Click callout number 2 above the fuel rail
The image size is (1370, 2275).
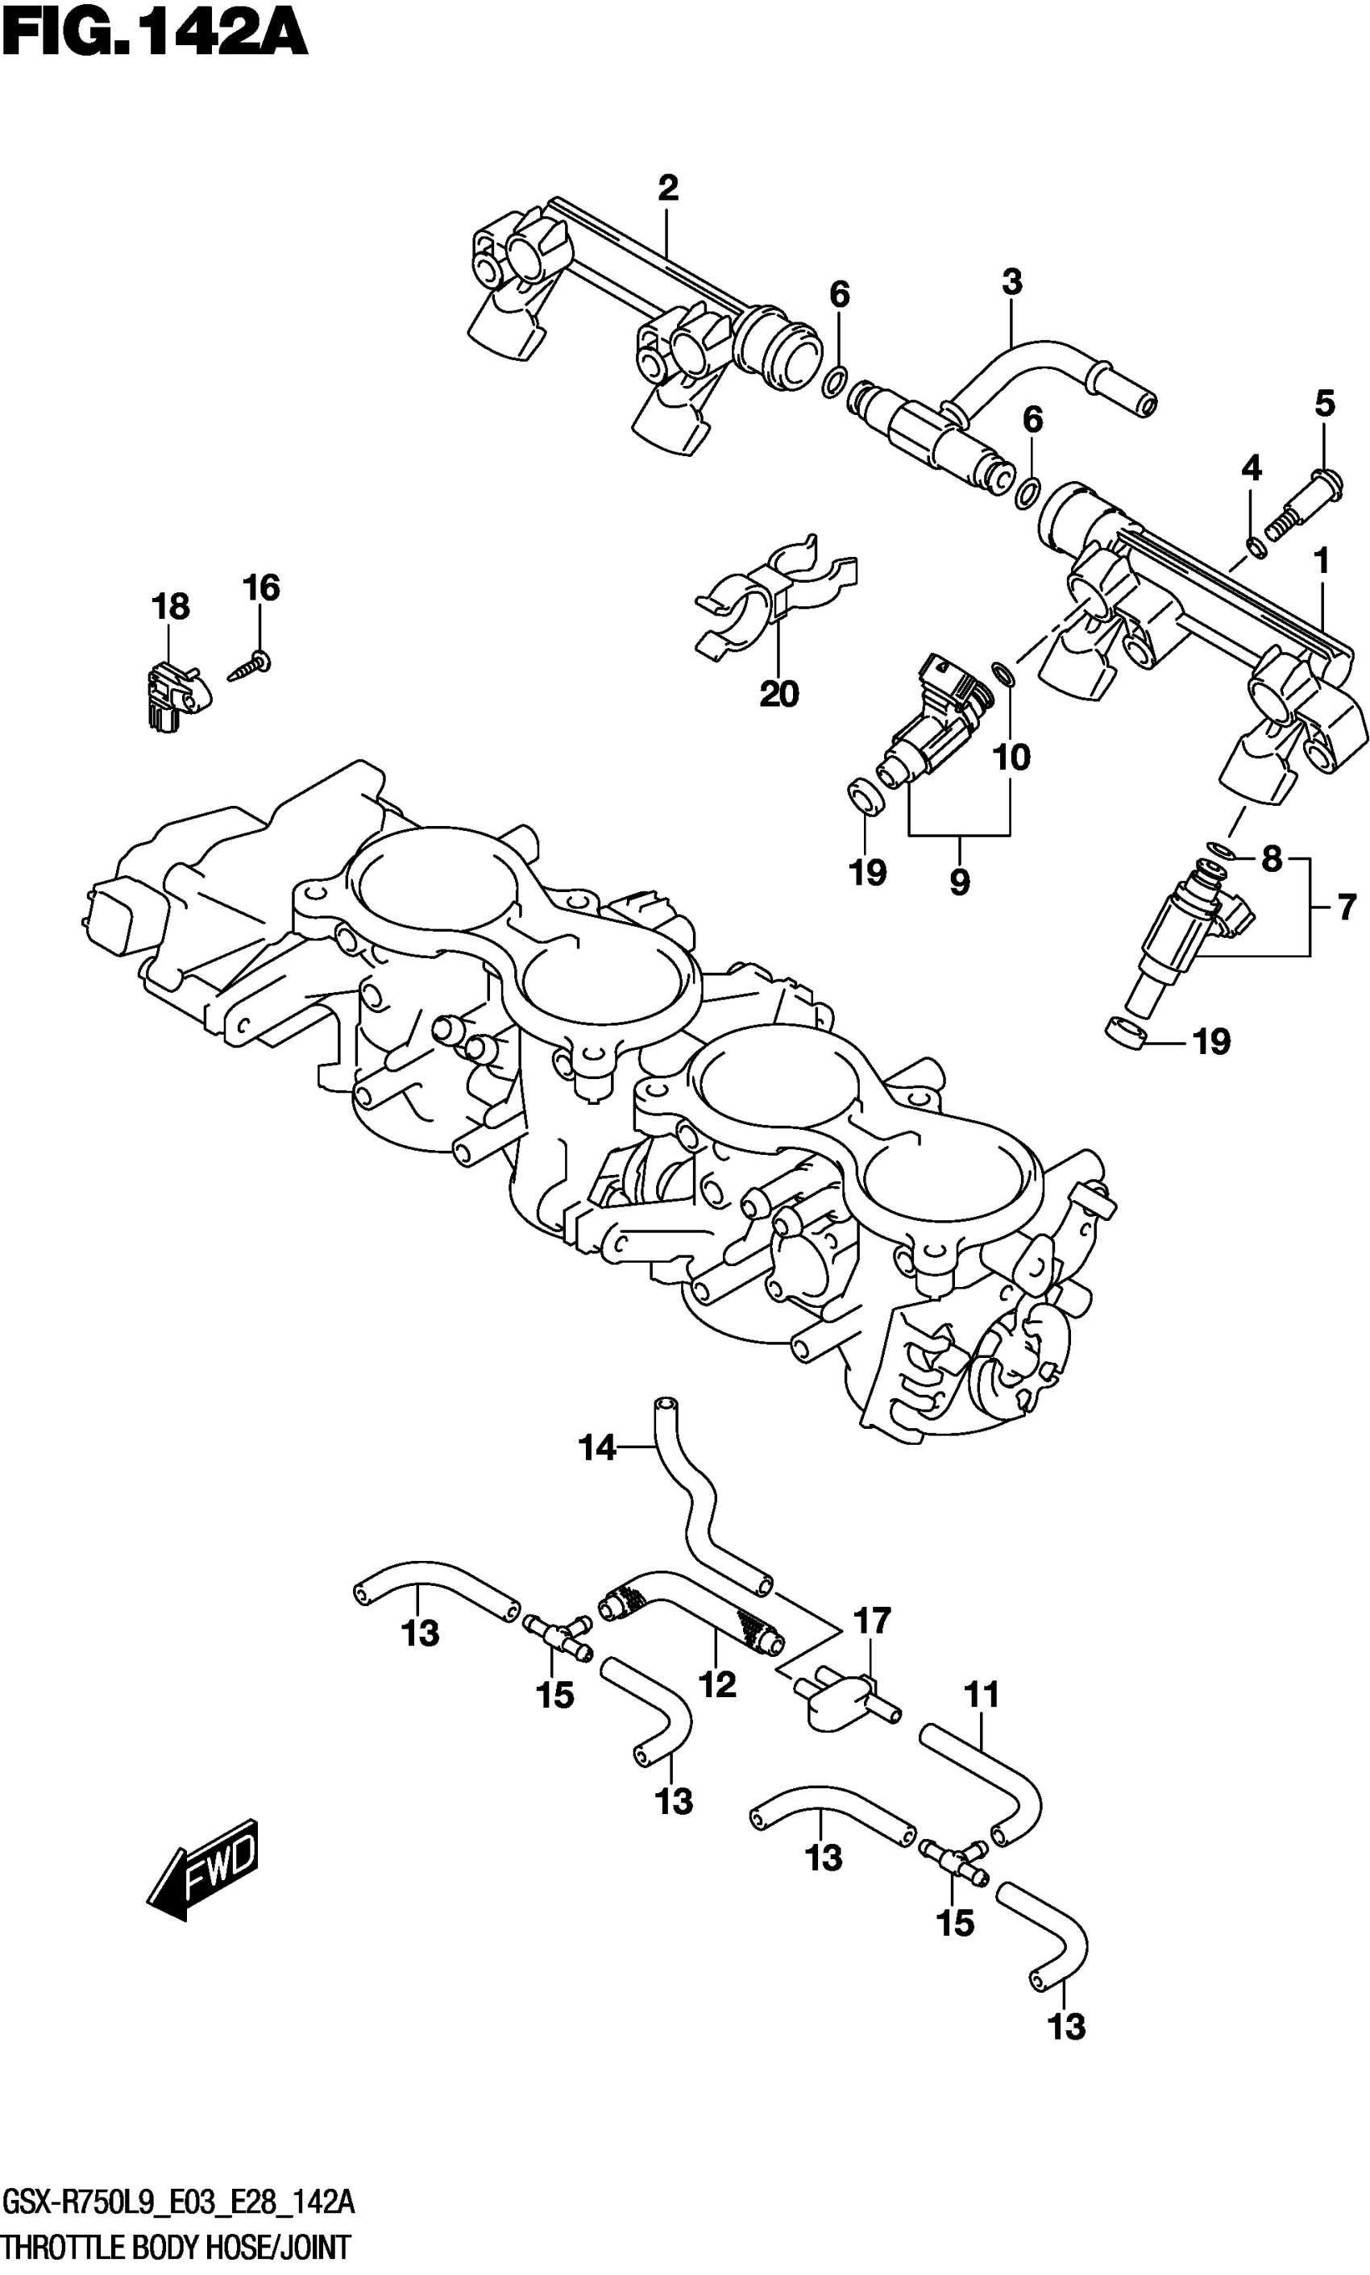click(667, 189)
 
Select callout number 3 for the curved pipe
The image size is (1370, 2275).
click(1012, 282)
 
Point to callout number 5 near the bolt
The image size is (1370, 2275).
click(1324, 403)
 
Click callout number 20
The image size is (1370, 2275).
click(778, 695)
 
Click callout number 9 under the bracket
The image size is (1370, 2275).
click(959, 882)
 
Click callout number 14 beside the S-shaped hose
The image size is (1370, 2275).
click(596, 1448)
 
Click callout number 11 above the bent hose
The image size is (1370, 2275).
click(982, 1696)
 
